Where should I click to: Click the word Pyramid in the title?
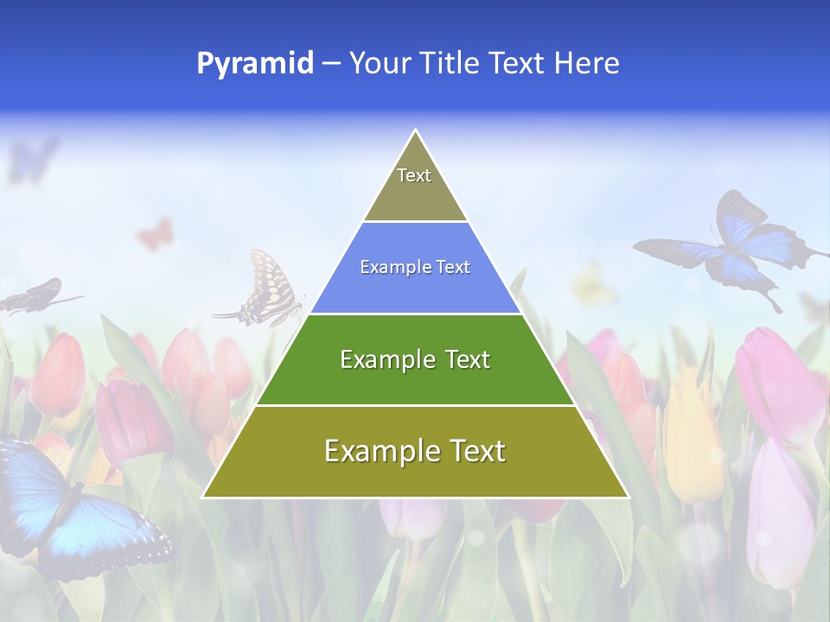[255, 64]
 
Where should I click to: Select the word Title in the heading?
[451, 64]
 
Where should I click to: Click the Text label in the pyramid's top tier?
[414, 175]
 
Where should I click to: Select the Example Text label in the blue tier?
[415, 267]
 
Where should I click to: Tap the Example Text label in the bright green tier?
[415, 359]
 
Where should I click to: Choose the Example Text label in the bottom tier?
[415, 451]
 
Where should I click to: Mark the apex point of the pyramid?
[416, 130]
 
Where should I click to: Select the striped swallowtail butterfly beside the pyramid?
[264, 289]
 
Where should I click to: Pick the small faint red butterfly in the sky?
[156, 234]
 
